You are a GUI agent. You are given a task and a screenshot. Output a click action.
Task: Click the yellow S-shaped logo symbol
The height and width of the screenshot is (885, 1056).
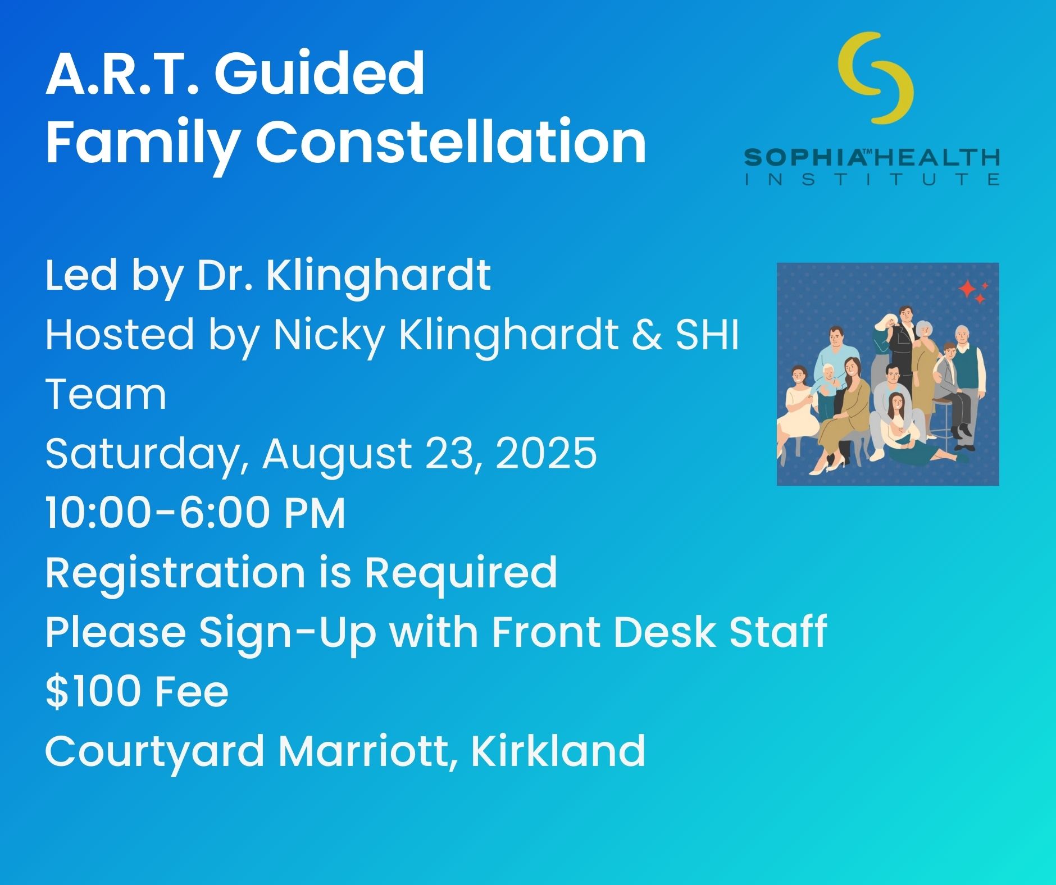point(875,77)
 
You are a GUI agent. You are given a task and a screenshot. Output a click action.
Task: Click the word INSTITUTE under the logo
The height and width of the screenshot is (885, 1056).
point(872,180)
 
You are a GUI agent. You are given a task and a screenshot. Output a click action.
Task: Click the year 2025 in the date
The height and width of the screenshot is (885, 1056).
point(547,453)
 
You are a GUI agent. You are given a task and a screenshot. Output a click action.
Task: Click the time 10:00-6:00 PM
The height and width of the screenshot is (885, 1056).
point(195,513)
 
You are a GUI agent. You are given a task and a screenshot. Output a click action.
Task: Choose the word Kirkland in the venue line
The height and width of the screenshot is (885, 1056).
point(558,750)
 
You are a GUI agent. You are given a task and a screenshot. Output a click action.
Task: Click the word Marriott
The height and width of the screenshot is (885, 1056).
point(367,751)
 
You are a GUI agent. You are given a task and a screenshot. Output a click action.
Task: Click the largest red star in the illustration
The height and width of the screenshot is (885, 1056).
point(967,289)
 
